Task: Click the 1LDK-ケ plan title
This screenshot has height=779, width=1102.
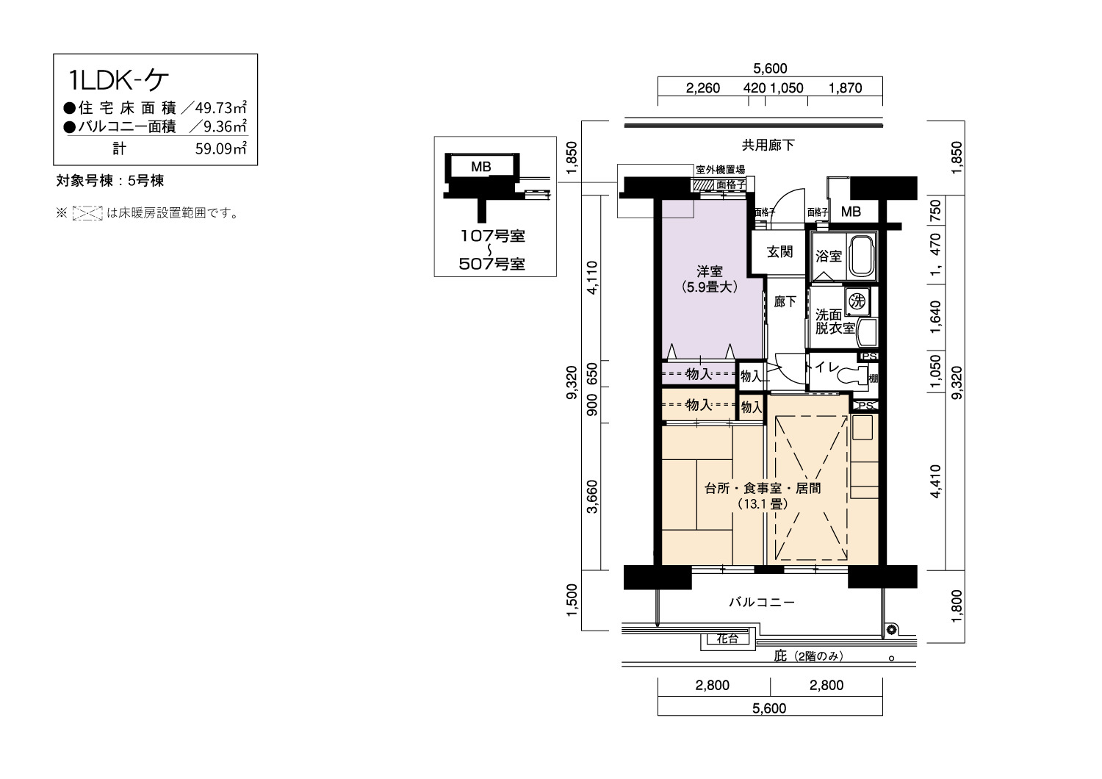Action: point(118,80)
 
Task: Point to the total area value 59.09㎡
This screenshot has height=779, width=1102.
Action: point(221,148)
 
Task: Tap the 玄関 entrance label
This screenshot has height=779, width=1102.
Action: point(779,252)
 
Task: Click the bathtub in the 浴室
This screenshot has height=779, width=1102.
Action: point(863,256)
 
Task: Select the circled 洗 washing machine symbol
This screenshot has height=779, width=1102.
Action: point(857,301)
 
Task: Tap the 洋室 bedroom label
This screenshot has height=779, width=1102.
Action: point(710,271)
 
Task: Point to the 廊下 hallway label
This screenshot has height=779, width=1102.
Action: point(785,301)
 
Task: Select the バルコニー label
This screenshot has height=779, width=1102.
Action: point(762,602)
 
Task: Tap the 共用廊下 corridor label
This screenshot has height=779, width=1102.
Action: point(768,145)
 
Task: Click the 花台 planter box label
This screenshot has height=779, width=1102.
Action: point(727,639)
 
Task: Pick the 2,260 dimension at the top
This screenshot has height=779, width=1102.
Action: point(702,88)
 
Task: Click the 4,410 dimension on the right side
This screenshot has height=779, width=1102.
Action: point(935,481)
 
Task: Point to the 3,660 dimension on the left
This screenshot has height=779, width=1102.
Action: point(593,497)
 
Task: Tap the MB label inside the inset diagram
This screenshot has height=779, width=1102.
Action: point(480,167)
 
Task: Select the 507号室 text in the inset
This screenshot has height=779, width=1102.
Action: point(492,265)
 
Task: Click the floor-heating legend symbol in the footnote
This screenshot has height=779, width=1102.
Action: point(87,213)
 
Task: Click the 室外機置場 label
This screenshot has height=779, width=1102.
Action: point(720,170)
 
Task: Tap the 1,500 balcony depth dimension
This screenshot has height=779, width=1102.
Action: point(572,600)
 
